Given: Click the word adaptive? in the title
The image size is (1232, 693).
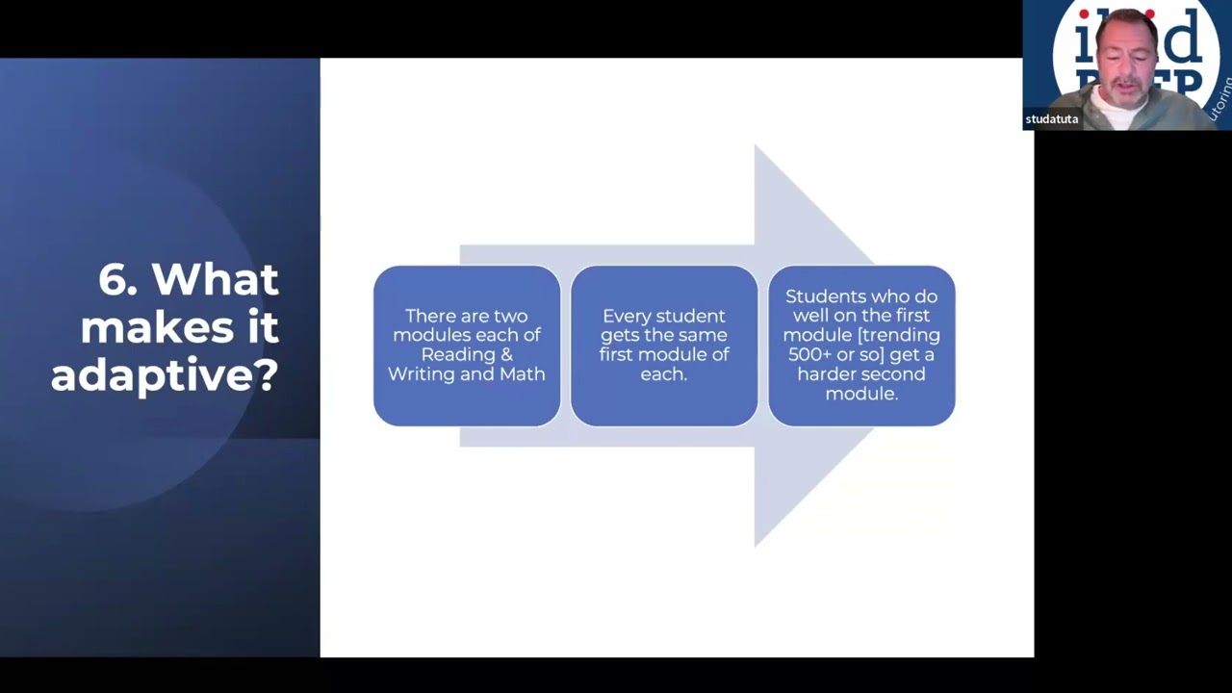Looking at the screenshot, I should (x=165, y=374).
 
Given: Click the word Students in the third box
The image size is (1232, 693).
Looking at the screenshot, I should (x=820, y=296).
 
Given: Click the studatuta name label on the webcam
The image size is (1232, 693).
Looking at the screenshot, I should (x=1051, y=119).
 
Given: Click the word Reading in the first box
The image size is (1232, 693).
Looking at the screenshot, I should (x=452, y=354).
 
